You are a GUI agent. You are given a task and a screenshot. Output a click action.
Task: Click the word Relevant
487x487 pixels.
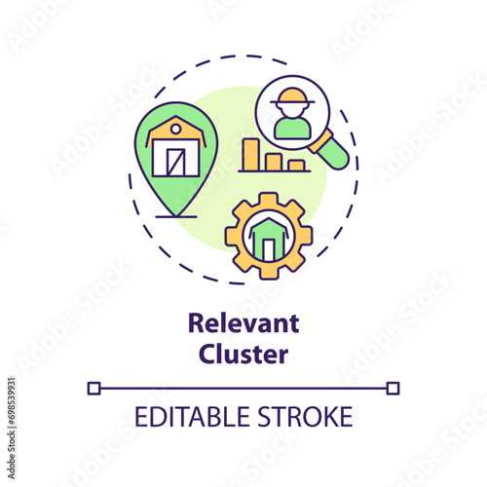tap(243, 323)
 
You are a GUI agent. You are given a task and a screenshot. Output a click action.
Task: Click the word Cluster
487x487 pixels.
tap(243, 354)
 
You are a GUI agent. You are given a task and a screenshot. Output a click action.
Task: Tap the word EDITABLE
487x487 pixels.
tap(192, 417)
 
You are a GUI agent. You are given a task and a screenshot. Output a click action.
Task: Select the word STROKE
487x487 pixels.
tap(305, 417)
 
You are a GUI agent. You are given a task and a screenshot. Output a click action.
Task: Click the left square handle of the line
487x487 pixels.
tap(94, 389)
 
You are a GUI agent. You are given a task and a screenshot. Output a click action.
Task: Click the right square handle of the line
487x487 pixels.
tap(393, 389)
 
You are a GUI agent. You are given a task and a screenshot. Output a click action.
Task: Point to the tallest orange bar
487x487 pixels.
tap(251, 155)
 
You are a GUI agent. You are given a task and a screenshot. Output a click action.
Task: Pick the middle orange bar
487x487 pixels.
tap(274, 162)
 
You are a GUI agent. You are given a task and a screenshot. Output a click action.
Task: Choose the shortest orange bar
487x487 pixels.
tap(296, 166)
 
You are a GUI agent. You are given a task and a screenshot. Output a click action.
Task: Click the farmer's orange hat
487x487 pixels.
tap(292, 97)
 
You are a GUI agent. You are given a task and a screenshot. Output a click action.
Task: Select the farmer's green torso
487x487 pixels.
tap(292, 129)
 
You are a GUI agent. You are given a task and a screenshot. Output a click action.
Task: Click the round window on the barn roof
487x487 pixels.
tap(175, 130)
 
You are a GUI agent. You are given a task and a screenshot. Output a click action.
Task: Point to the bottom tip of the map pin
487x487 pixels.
tap(175, 215)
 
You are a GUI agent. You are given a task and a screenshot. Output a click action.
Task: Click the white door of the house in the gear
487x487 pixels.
tap(269, 249)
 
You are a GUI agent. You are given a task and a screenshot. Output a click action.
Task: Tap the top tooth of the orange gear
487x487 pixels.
tap(269, 199)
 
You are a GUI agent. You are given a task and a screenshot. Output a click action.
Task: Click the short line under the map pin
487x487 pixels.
tap(176, 216)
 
